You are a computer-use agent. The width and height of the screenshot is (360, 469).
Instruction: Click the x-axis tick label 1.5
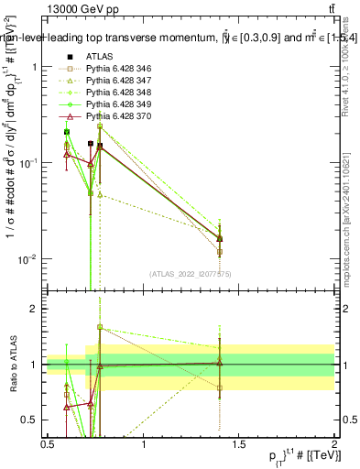click(239, 444)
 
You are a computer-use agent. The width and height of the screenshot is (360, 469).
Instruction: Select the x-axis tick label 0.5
click(49, 444)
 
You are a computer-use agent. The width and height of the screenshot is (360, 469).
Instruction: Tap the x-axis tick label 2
click(334, 444)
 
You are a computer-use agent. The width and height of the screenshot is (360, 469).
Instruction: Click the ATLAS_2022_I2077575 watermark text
click(191, 273)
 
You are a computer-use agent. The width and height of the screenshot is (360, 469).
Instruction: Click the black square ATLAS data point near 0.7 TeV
click(90, 144)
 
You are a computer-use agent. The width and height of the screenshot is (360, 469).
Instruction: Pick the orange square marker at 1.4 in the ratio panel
click(220, 387)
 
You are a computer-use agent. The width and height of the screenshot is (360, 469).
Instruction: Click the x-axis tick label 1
click(144, 444)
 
